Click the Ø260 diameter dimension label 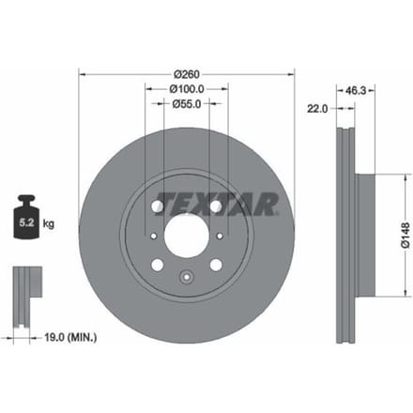tap(187, 74)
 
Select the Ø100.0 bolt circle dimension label tap(187, 89)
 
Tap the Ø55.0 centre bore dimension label tap(187, 103)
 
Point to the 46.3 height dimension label tap(356, 91)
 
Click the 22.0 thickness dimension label tap(317, 109)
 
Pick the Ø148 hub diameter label tap(405, 235)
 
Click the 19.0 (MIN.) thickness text tap(70, 337)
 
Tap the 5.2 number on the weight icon tap(26, 222)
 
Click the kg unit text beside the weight tap(49, 223)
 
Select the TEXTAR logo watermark tap(218, 204)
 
